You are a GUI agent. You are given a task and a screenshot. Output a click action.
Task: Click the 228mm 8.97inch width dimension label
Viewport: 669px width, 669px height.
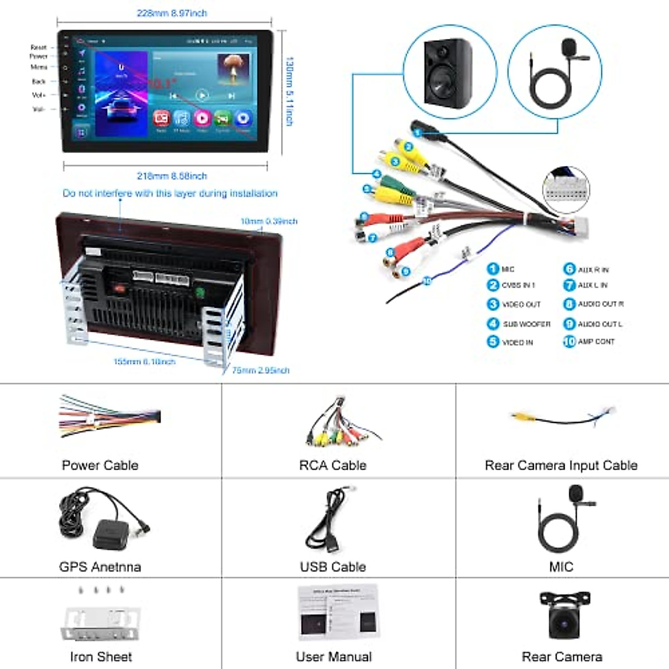pyautogui.click(x=172, y=13)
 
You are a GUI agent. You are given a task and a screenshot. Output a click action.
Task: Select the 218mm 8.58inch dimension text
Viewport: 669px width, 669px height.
pyautogui.click(x=172, y=176)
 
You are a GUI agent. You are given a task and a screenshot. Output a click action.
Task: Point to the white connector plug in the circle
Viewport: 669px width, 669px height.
pyautogui.click(x=566, y=190)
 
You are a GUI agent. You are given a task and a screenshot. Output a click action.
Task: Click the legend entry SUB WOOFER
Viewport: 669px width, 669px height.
pyautogui.click(x=526, y=324)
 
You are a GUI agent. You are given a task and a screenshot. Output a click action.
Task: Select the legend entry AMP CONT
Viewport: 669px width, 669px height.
pyautogui.click(x=595, y=341)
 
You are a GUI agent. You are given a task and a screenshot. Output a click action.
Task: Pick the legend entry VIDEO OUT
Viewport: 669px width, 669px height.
pyautogui.click(x=521, y=304)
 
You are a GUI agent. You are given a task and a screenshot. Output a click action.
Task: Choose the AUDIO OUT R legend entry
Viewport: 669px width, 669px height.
pyautogui.click(x=600, y=304)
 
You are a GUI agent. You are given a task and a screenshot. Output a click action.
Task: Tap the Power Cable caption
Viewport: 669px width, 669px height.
pyautogui.click(x=100, y=465)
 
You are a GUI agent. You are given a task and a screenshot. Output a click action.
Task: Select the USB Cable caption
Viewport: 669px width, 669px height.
pyautogui.click(x=333, y=566)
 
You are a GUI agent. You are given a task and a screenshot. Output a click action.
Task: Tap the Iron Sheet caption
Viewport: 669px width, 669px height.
pyautogui.click(x=101, y=657)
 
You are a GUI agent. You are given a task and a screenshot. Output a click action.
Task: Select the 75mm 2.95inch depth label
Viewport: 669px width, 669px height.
pyautogui.click(x=260, y=370)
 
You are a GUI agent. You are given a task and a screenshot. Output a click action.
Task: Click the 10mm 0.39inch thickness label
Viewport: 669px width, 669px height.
pyautogui.click(x=269, y=221)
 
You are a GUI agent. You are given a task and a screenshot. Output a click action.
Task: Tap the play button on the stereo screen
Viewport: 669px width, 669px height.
pyautogui.click(x=202, y=95)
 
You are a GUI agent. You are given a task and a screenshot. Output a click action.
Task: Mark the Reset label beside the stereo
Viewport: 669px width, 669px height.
pyautogui.click(x=38, y=47)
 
